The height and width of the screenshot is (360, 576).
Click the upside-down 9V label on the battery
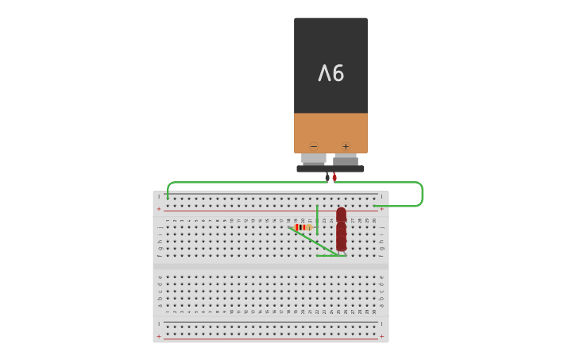pyautogui.click(x=331, y=73)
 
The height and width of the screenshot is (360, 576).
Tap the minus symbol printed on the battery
pyautogui.click(x=314, y=146)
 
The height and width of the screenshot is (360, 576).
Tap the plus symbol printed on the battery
pyautogui.click(x=346, y=146)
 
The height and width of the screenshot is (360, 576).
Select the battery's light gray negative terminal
pyautogui.click(x=314, y=159)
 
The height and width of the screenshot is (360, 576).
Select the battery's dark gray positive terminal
pyautogui.click(x=346, y=160)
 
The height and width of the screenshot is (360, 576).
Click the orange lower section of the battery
pyautogui.click(x=331, y=131)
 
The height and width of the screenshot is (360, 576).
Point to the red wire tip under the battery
pyautogui.click(x=334, y=177)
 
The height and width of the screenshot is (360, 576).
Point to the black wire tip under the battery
pyautogui.click(x=327, y=177)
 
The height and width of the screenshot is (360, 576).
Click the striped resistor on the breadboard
pyautogui.click(x=301, y=227)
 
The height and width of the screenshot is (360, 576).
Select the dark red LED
pyautogui.click(x=341, y=230)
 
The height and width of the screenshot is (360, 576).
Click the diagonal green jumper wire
pyautogui.click(x=314, y=242)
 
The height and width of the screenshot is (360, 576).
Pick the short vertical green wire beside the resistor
pyautogui.click(x=317, y=219)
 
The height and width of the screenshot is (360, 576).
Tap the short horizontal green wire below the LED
pyautogui.click(x=330, y=256)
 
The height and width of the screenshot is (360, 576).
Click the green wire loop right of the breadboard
pyautogui.click(x=421, y=194)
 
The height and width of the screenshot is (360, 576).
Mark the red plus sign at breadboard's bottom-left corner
pyautogui.click(x=159, y=336)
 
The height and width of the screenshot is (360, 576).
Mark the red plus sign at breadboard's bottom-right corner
pyautogui.click(x=381, y=336)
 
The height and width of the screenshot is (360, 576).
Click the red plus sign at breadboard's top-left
pyautogui.click(x=159, y=209)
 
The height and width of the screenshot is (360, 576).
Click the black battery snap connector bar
pyautogui.click(x=331, y=168)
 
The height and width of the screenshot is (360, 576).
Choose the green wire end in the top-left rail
pyautogui.click(x=168, y=196)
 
